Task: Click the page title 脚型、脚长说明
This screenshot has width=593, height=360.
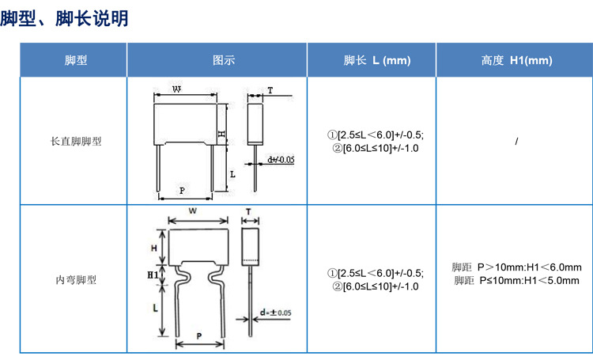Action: [x=64, y=18]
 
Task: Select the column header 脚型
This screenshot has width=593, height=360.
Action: [x=76, y=60]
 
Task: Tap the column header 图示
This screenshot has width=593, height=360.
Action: [x=224, y=60]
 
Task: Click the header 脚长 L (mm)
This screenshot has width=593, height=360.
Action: [x=377, y=60]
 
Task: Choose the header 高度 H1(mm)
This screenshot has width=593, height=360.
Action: [x=516, y=60]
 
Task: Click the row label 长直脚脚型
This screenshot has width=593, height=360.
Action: [x=76, y=141]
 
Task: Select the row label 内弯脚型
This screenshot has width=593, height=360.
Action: [x=76, y=280]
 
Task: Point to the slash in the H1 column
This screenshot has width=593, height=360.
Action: [x=516, y=141]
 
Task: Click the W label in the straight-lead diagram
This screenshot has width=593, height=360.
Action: [x=176, y=89]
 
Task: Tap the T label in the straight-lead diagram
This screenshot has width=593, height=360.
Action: [x=270, y=90]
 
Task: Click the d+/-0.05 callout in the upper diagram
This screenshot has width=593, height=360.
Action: [x=281, y=160]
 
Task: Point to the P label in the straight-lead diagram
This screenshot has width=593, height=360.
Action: [x=183, y=191]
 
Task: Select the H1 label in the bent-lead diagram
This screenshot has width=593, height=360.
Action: [x=153, y=275]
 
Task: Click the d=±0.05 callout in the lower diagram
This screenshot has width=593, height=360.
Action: [x=276, y=313]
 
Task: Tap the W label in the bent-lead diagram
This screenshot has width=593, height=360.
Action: [x=193, y=210]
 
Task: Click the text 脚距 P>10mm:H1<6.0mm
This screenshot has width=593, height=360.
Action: [x=516, y=267]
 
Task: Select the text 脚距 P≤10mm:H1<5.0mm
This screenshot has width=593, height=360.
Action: [x=516, y=281]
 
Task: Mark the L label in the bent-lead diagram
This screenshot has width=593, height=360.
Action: [x=155, y=308]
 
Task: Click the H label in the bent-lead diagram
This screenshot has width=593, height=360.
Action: [x=154, y=248]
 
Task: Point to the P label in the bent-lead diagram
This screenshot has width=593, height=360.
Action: [x=199, y=335]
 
